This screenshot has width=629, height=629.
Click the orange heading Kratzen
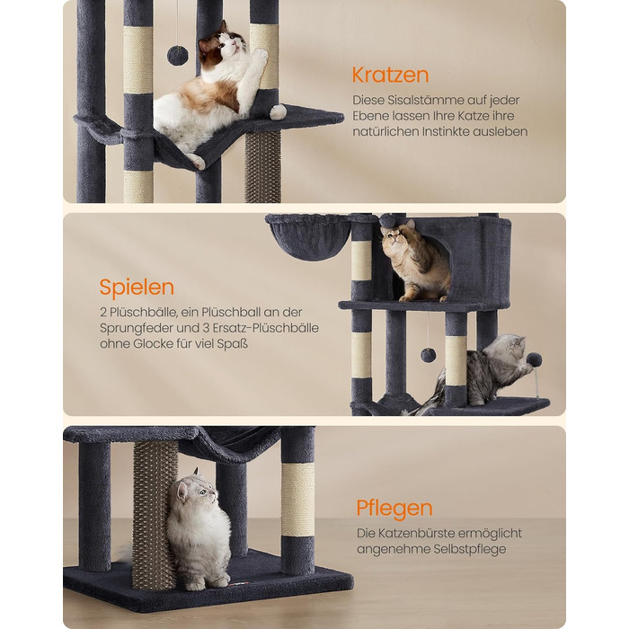390,75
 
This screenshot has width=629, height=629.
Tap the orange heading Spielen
137,288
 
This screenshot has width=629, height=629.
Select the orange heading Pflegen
394,509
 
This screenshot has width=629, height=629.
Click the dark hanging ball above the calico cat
178,55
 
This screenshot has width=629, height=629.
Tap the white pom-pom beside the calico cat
278,111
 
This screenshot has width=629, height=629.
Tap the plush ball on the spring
534,359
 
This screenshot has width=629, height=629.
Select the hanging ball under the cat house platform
428,355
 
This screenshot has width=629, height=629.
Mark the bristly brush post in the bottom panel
155,514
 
